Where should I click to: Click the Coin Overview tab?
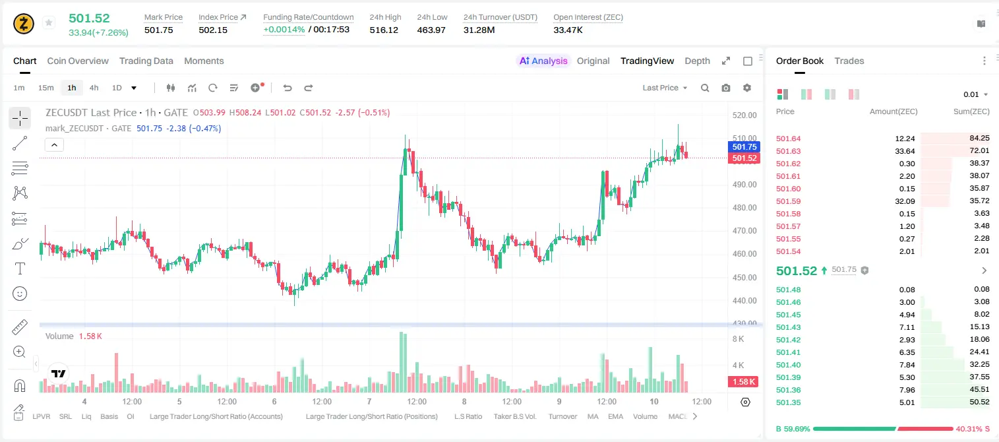pyautogui.click(x=78, y=61)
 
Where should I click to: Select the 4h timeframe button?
pyautogui.click(x=94, y=88)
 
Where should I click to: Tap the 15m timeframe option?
pyautogui.click(x=46, y=88)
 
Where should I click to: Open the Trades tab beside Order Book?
pyautogui.click(x=849, y=61)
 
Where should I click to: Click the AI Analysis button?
pyautogui.click(x=543, y=61)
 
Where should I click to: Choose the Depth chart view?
pyautogui.click(x=697, y=61)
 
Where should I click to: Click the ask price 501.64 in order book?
pyautogui.click(x=788, y=139)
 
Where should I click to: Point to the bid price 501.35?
pyautogui.click(x=788, y=402)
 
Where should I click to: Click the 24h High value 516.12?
pyautogui.click(x=384, y=30)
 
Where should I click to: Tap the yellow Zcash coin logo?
pyautogui.click(x=24, y=24)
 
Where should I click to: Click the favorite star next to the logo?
pyautogui.click(x=49, y=22)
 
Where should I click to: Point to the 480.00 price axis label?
pyautogui.click(x=744, y=207)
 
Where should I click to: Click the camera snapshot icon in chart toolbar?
pyautogui.click(x=725, y=88)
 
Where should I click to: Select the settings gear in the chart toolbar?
pyautogui.click(x=747, y=88)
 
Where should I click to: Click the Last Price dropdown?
pyautogui.click(x=665, y=88)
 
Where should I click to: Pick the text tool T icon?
pyautogui.click(x=20, y=268)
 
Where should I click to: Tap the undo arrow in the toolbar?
pyautogui.click(x=288, y=88)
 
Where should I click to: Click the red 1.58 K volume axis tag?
pyautogui.click(x=743, y=382)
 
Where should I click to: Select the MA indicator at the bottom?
pyautogui.click(x=593, y=416)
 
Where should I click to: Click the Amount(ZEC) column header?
pyautogui.click(x=893, y=111)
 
